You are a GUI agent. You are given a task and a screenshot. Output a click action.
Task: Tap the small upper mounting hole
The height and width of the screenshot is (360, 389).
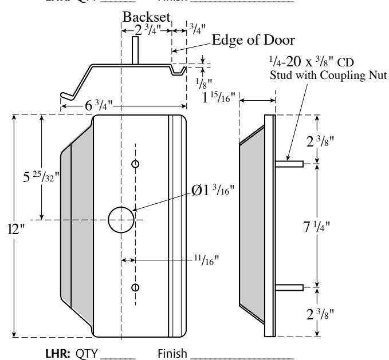click(135, 164)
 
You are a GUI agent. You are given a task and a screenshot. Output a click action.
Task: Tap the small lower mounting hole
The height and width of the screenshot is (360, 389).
click(135, 286)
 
